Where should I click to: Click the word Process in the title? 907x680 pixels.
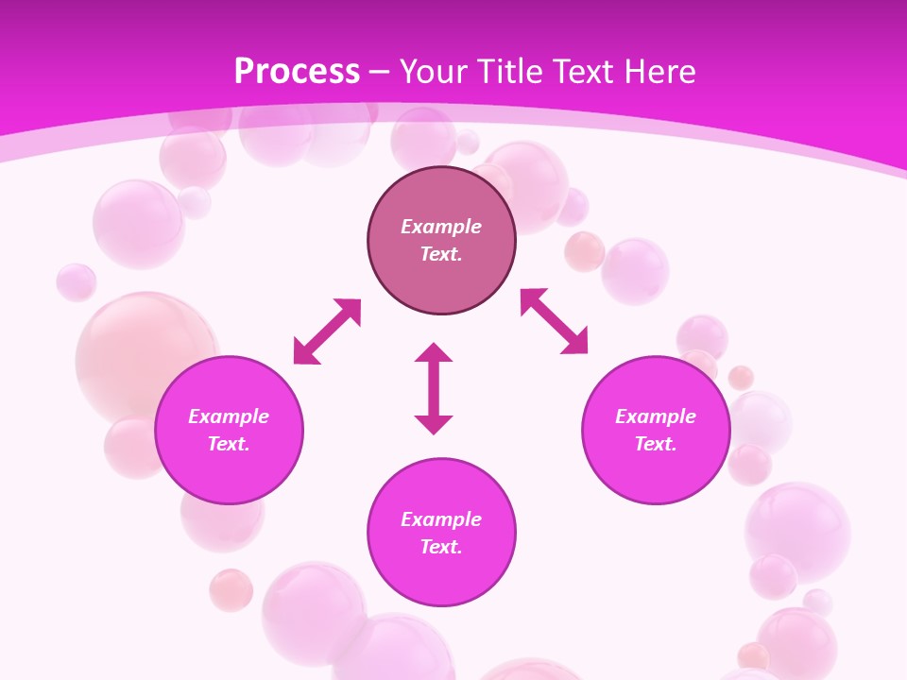click(x=297, y=72)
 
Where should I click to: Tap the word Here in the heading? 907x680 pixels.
click(x=658, y=72)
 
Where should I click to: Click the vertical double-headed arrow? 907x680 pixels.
click(x=434, y=389)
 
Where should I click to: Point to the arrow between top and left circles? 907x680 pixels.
click(x=327, y=331)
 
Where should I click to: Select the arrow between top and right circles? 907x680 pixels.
click(x=554, y=321)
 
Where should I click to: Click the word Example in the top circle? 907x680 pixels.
click(x=441, y=227)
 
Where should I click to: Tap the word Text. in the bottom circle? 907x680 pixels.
click(x=441, y=547)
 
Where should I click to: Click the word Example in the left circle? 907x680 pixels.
click(x=229, y=416)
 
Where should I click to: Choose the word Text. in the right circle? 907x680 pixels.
click(x=656, y=444)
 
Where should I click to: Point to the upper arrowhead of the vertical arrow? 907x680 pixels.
click(x=434, y=353)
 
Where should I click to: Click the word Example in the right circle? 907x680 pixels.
click(x=656, y=416)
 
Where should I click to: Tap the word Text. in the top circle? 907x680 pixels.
click(x=441, y=254)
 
